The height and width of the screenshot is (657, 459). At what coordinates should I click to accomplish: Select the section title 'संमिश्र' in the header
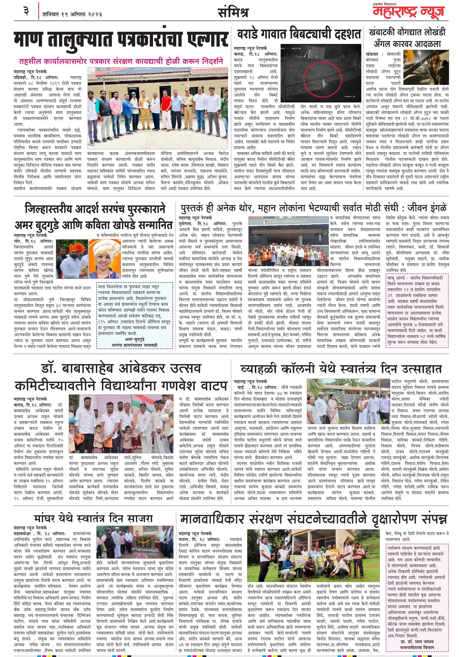tap(233, 13)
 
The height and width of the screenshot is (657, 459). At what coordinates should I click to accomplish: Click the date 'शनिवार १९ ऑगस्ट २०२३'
tap(72, 14)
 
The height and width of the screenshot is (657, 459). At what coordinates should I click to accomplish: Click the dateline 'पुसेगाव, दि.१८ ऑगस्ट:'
tap(202, 224)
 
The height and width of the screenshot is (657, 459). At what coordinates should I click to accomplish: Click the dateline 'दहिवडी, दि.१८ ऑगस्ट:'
tap(36, 77)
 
